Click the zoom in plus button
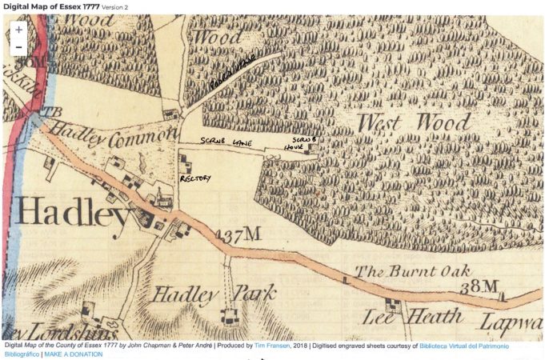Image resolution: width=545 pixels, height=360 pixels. click(18, 30)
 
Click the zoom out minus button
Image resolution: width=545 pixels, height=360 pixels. click(18, 47)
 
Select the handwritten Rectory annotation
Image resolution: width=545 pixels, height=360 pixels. click(195, 178)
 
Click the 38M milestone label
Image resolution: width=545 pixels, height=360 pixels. click(470, 286)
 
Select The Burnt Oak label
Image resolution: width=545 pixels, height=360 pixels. click(411, 270)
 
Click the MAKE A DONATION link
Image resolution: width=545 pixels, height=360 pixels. click(74, 354)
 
